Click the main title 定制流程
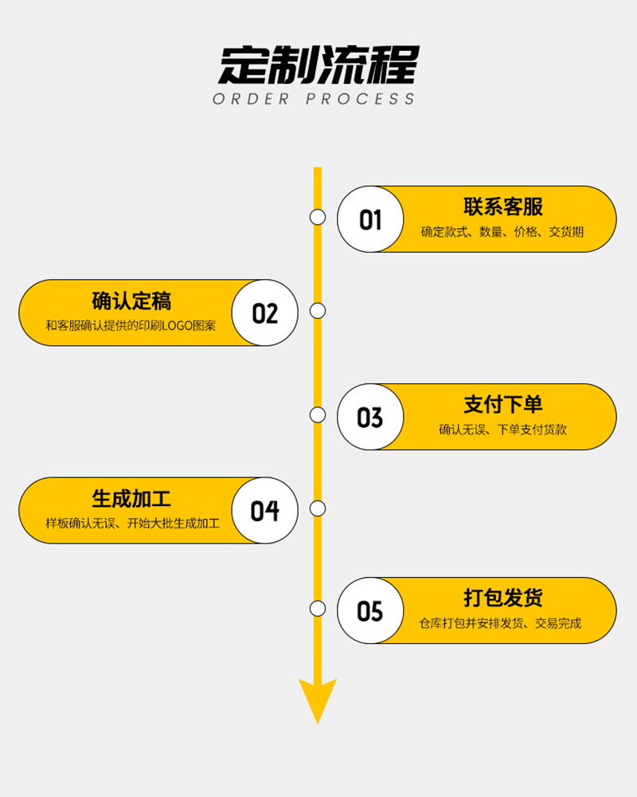coord(318,65)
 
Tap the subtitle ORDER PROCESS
coord(315,100)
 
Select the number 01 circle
coord(370,219)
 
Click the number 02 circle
coord(265,312)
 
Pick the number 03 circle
coord(370,417)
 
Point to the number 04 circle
coord(265,510)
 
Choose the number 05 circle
coord(370,611)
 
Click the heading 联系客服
coord(503,207)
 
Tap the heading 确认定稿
coord(131,301)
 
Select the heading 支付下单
coord(503,405)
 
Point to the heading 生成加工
coord(131,499)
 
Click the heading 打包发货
coord(503,598)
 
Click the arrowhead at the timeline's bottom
coord(318,697)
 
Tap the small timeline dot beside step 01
coord(318,217)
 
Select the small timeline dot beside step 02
coord(318,311)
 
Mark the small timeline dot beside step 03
coord(318,414)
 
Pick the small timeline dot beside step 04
coord(318,508)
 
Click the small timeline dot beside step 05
coord(318,609)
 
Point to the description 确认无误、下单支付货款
coord(503,430)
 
